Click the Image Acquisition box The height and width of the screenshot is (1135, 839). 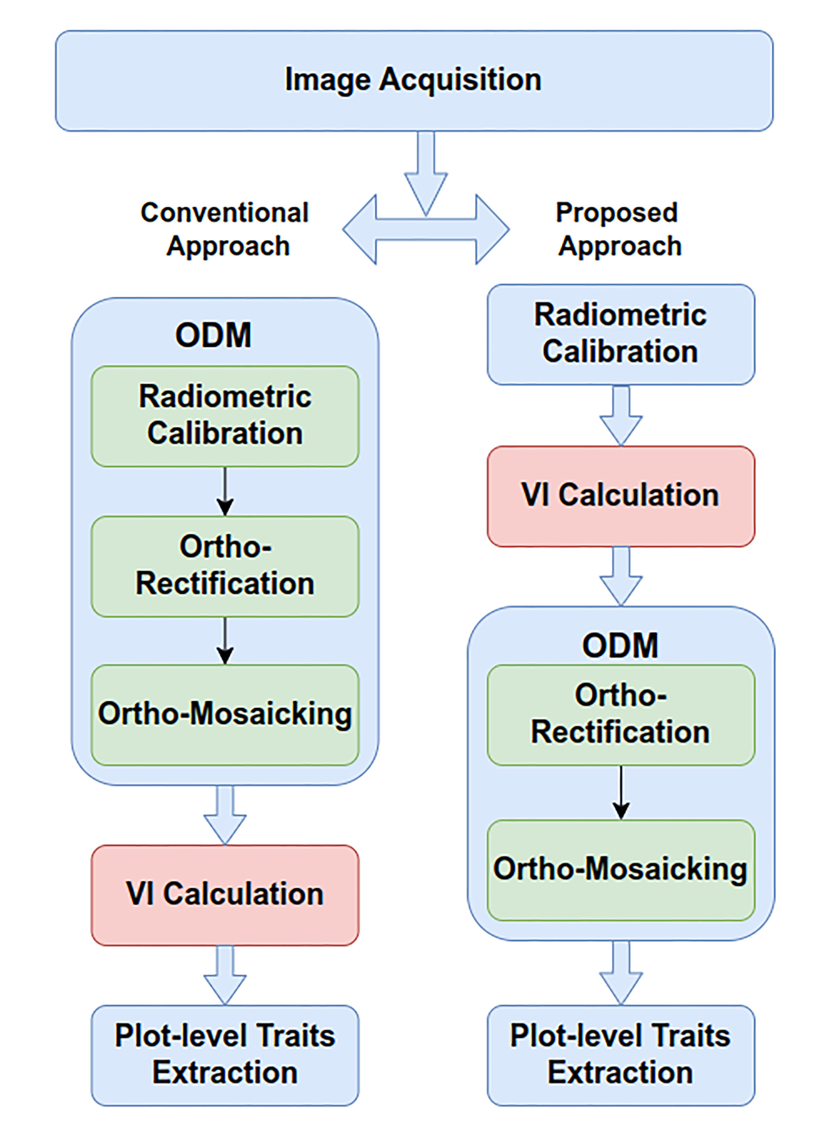click(413, 80)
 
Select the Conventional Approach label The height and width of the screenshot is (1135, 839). click(225, 229)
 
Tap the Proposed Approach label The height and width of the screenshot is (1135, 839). click(618, 229)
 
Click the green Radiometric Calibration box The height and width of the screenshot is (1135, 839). click(225, 415)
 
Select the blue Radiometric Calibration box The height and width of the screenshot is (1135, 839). click(621, 334)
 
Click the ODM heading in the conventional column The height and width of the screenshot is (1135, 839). click(213, 336)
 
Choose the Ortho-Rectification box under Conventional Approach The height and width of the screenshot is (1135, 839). click(225, 566)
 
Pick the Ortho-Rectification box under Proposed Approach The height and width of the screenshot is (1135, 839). click(621, 714)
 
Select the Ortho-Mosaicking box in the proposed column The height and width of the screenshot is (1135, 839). click(621, 869)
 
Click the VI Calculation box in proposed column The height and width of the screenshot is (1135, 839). click(621, 496)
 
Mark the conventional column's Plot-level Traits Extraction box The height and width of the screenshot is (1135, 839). click(225, 1054)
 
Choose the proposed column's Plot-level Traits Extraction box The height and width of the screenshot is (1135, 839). click(621, 1054)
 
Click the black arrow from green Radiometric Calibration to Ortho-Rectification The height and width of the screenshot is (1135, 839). click(225, 491)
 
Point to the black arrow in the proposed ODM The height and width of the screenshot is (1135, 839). click(621, 792)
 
